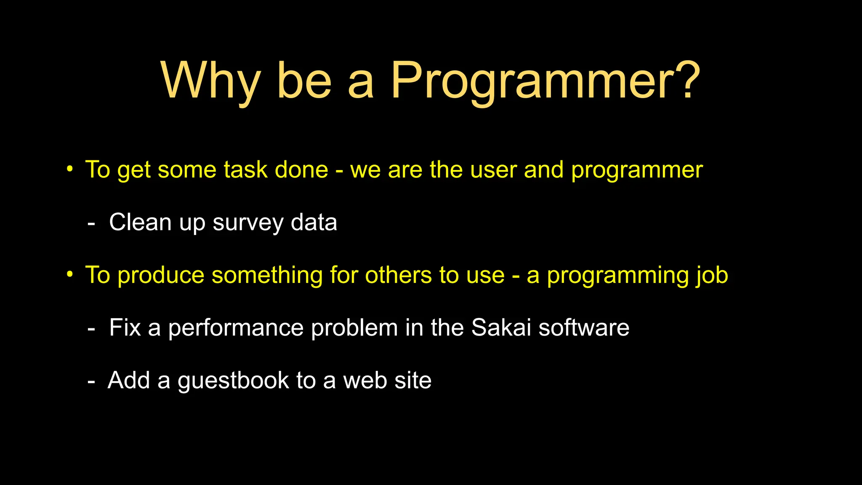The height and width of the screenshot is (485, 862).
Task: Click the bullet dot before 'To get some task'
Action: pos(70,169)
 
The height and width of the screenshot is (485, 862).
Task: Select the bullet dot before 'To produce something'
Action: pos(70,274)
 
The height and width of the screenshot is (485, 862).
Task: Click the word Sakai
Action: pos(501,328)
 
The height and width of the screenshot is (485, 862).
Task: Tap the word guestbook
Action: pos(233,381)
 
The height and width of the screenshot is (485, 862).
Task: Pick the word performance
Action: pos(236,328)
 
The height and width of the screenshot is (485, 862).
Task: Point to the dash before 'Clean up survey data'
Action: pos(91,224)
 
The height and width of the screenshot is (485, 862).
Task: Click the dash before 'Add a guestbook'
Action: pos(91,382)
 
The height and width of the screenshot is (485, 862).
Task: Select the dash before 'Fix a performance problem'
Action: pos(91,329)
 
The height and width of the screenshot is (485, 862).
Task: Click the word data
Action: pos(314,222)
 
